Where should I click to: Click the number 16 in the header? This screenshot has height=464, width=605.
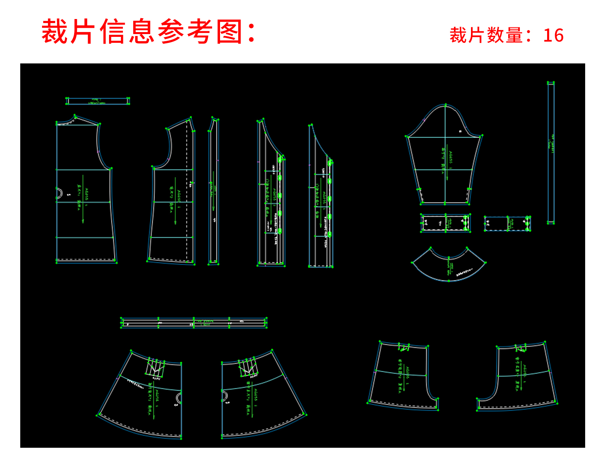(x=553, y=36)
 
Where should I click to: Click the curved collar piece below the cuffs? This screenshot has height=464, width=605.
(x=449, y=267)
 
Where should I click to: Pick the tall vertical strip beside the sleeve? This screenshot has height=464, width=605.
(x=551, y=153)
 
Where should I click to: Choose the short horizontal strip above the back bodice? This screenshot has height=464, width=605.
(x=98, y=101)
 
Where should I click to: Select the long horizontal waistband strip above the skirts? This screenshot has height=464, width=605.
(x=193, y=323)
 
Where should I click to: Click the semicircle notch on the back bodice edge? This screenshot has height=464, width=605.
(x=59, y=193)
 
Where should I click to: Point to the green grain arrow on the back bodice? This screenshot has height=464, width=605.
(x=83, y=198)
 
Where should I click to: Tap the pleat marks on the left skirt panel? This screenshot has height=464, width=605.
(x=155, y=368)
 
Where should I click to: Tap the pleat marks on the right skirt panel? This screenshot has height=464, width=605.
(x=248, y=367)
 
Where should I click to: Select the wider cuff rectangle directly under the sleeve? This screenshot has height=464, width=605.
(x=445, y=223)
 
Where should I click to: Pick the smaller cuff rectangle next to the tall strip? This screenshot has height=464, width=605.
(x=507, y=223)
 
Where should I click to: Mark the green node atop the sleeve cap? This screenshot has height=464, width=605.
(x=446, y=105)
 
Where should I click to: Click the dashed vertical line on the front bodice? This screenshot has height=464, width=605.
(x=187, y=190)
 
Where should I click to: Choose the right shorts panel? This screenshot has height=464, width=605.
(x=519, y=376)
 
